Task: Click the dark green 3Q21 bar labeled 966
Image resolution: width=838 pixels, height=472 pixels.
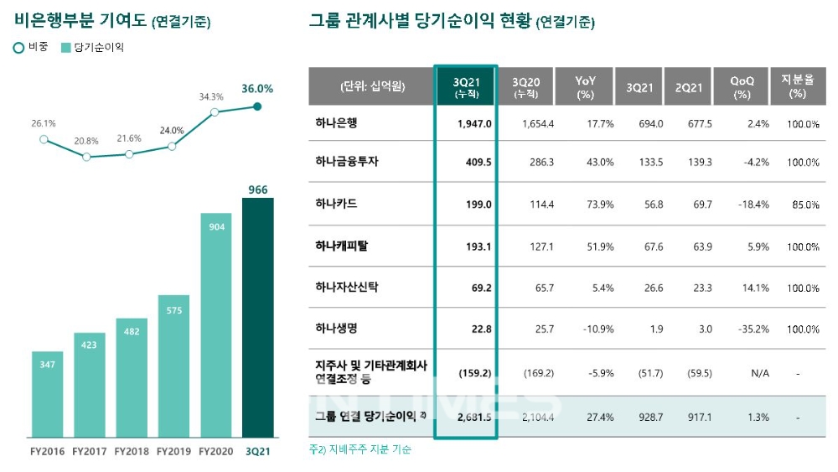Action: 257,319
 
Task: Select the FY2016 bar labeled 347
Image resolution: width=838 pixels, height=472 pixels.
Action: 48,394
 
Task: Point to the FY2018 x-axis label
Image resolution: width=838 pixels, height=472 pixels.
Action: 132,451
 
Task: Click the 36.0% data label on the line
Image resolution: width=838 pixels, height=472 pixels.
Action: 257,88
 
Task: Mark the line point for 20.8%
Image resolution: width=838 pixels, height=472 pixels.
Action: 86,157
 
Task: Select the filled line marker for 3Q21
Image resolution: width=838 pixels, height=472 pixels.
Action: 257,106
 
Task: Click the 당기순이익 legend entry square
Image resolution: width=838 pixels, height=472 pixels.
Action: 66,48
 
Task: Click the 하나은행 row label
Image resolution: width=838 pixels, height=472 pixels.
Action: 335,123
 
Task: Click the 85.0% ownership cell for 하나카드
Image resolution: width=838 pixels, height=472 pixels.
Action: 804,205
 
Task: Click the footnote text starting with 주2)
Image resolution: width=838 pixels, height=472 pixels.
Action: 360,449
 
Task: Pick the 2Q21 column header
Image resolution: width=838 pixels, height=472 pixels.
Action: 688,86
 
